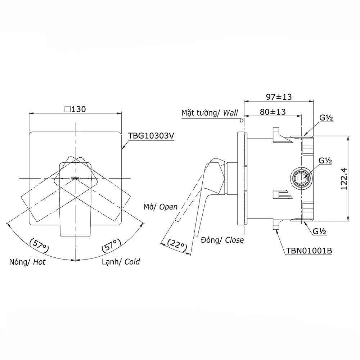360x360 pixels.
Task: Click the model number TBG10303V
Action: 151,136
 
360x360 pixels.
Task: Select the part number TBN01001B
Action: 309,251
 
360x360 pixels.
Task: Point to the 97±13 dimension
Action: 279,96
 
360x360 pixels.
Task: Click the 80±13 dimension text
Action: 273,112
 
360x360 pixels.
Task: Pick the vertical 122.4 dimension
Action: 344,179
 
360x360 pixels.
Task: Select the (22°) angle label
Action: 177,245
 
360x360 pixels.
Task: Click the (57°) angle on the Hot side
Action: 39,246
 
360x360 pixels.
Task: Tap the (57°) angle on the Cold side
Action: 111,246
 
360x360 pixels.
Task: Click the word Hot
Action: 39,262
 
